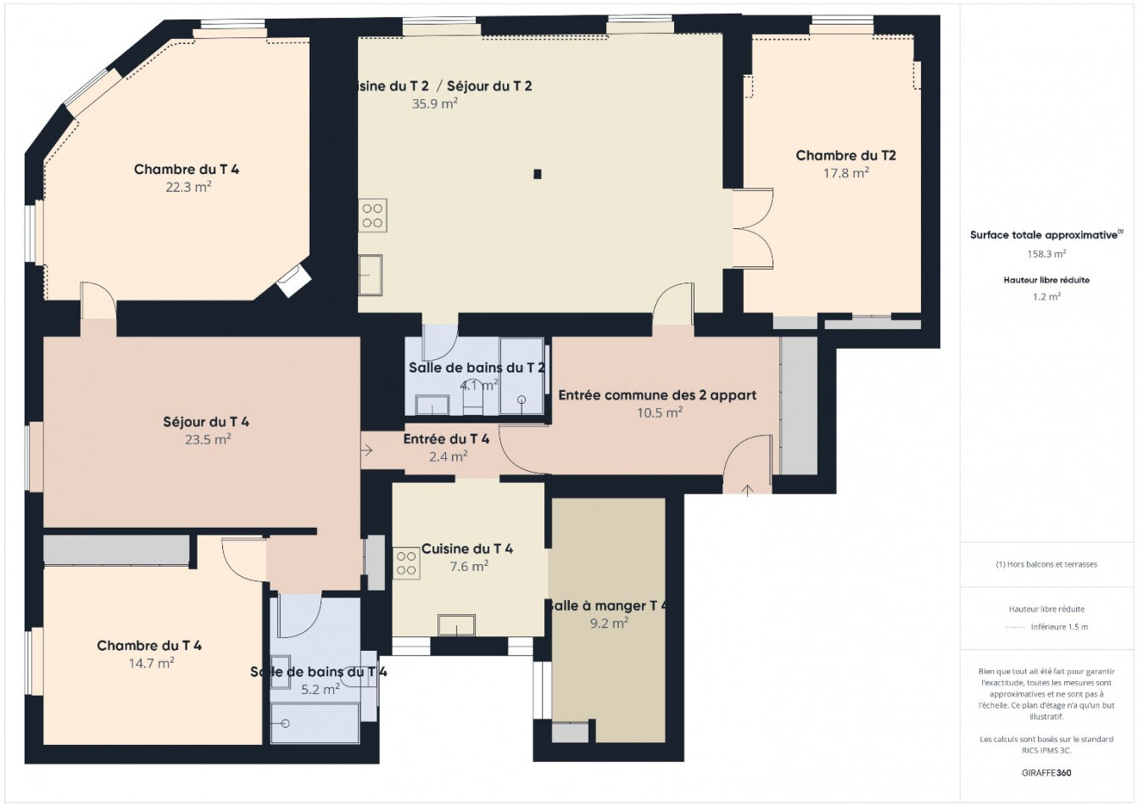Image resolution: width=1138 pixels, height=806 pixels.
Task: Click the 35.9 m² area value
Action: point(434,104)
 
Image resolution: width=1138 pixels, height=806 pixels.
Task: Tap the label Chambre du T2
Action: point(845,155)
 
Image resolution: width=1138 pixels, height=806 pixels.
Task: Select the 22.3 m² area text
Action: point(188,188)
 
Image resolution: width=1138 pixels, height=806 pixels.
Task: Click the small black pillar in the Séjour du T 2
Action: point(537,175)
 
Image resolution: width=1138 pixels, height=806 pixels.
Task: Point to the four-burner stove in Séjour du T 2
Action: point(372,215)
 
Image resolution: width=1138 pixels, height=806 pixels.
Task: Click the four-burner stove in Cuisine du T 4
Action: point(406,563)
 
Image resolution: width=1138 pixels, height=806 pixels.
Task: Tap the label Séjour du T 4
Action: point(206,422)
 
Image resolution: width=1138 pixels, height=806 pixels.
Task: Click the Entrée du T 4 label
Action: point(446,439)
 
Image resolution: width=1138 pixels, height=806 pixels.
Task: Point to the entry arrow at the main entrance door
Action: point(747,489)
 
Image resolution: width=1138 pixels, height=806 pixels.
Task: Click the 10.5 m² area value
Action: point(660,413)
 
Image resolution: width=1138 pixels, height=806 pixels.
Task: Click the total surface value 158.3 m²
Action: point(1046,253)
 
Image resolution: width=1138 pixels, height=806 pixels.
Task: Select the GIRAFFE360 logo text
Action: point(1046,773)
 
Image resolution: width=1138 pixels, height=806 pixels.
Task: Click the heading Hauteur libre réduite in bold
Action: point(1046,280)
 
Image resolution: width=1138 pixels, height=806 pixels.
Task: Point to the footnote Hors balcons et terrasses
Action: point(1046,564)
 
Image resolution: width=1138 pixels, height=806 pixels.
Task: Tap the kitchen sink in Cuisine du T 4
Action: point(456,625)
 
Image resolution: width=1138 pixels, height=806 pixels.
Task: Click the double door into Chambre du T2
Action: point(752,229)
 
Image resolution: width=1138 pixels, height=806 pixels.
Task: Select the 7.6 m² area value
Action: point(468,567)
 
